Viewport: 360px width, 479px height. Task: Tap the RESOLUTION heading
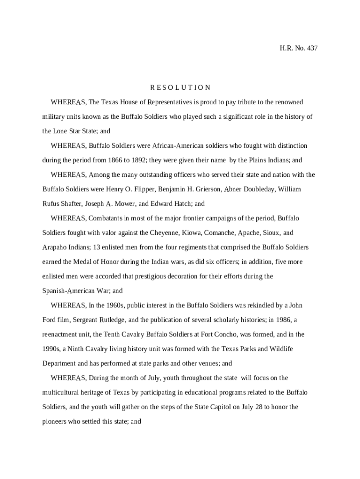tap(180, 87)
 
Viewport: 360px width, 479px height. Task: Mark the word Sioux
tap(270, 233)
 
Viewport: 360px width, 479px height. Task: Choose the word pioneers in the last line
tap(56, 421)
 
